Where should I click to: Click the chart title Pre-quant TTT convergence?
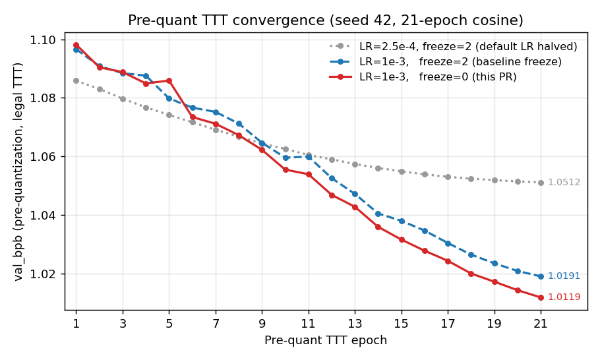[326, 20]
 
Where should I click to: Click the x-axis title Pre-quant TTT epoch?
[326, 340]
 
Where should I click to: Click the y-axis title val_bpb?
[18, 171]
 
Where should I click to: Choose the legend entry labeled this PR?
[438, 76]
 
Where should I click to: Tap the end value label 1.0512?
[564, 183]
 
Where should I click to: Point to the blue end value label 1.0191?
[564, 276]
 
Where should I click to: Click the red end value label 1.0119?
[564, 297]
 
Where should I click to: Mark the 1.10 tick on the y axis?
[44, 40]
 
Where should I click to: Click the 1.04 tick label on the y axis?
[44, 216]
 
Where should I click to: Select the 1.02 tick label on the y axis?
[44, 274]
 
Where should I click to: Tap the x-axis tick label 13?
[355, 324]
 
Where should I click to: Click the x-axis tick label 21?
[541, 324]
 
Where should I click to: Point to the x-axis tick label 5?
[169, 324]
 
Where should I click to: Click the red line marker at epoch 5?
[169, 80]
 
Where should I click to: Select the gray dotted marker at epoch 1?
[76, 80]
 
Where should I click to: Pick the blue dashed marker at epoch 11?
[309, 157]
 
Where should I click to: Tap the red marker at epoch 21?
[541, 297]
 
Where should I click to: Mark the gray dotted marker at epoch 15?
[402, 171]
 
